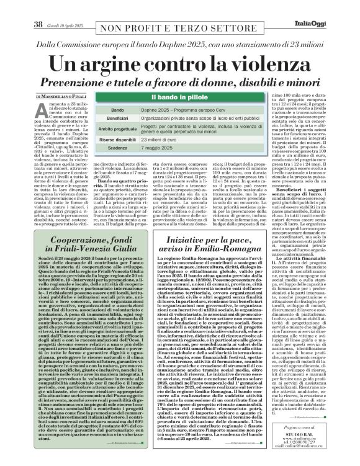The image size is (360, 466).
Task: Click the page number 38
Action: point(37,7)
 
